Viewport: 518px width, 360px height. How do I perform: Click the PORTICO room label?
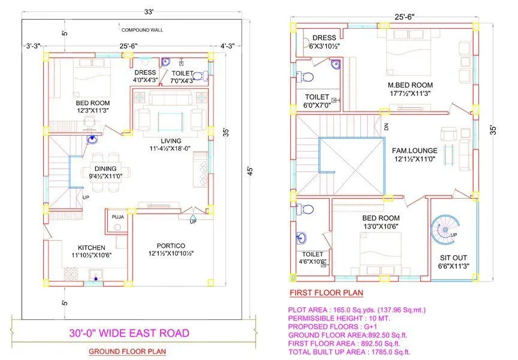click(x=171, y=246)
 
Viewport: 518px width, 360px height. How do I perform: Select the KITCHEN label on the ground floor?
click(x=91, y=247)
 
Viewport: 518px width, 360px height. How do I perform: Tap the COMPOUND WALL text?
click(x=142, y=29)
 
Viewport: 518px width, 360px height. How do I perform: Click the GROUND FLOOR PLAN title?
click(x=127, y=352)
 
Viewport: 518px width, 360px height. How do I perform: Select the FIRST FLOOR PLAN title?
click(x=326, y=293)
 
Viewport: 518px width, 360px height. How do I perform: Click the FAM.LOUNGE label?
click(x=414, y=151)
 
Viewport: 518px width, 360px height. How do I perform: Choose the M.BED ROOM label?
click(x=410, y=85)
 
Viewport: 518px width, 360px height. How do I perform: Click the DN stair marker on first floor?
click(x=386, y=127)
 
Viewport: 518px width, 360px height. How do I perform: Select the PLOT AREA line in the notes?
click(x=356, y=310)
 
